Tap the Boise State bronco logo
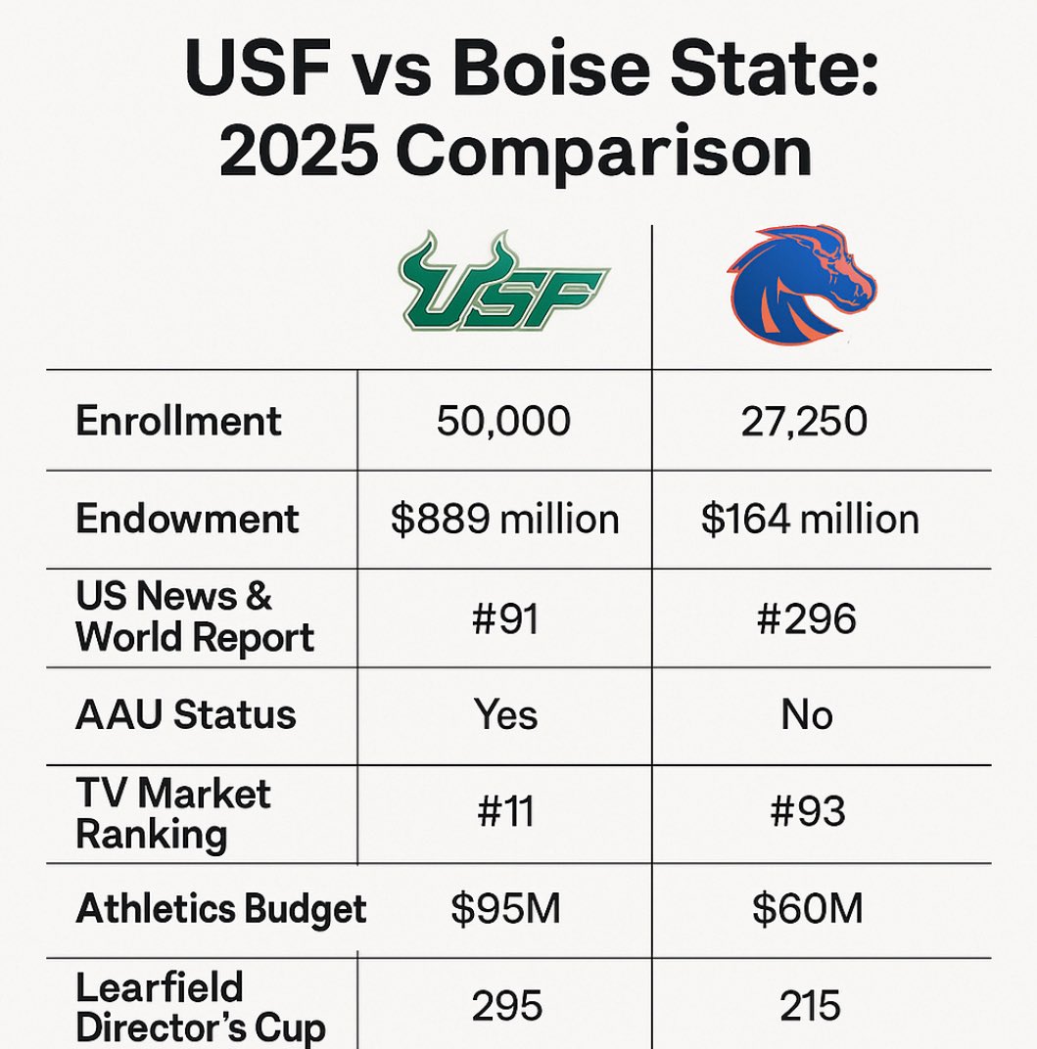(801, 285)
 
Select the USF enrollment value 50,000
(503, 422)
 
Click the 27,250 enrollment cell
(804, 422)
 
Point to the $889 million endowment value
(504, 520)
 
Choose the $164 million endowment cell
(810, 520)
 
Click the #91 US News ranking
(505, 618)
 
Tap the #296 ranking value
(807, 618)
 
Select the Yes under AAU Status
(505, 714)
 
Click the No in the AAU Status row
(807, 714)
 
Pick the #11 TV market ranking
(505, 812)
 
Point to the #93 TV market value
(808, 812)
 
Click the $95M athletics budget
(505, 909)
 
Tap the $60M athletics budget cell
(808, 909)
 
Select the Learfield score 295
(507, 1007)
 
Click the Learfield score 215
(810, 1007)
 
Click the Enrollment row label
(178, 421)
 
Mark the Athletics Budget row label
(221, 910)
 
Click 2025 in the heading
(297, 152)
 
